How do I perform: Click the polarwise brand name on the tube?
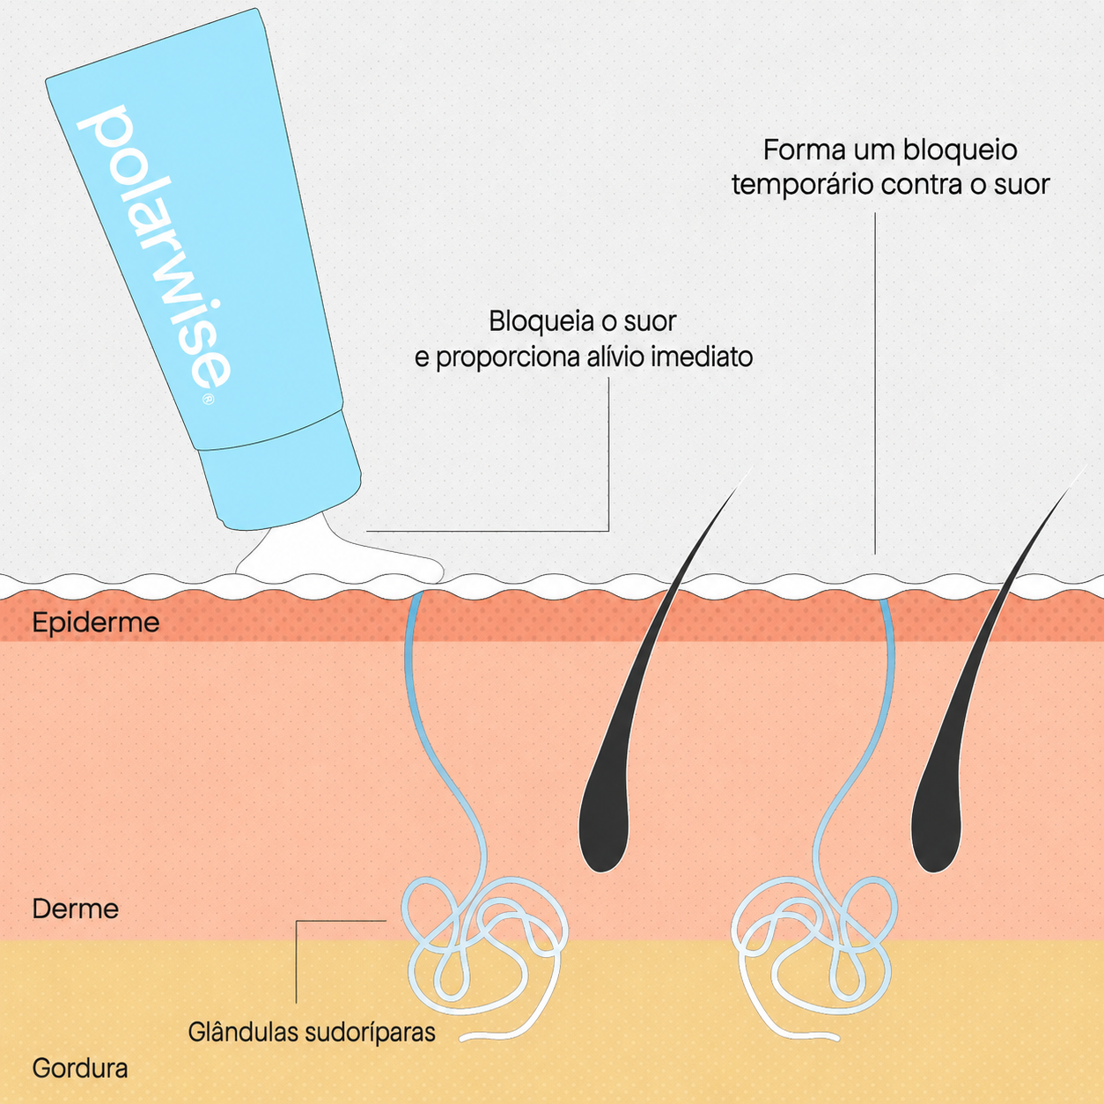coord(153,247)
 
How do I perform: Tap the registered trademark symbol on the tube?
coord(209,398)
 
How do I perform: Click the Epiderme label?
coord(96,622)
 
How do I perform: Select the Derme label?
coord(76,909)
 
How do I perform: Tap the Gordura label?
coord(80,1068)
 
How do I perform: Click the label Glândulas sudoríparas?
coord(312,1032)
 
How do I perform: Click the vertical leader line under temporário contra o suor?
coord(875,384)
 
